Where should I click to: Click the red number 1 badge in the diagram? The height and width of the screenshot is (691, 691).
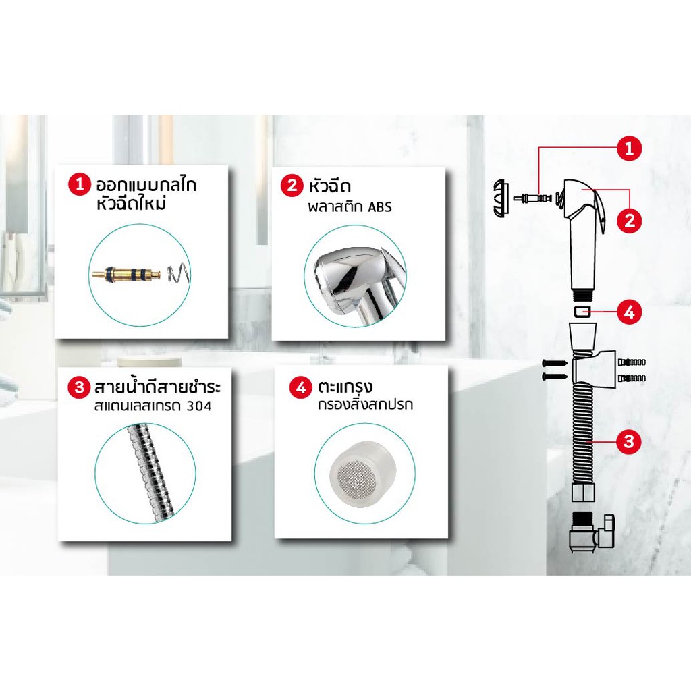(630, 148)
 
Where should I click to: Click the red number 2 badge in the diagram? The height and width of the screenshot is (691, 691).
(630, 219)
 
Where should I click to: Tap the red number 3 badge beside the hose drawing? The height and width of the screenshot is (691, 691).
(629, 440)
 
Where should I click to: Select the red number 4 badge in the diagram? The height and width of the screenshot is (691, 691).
(629, 312)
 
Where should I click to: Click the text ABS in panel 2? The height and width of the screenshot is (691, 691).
(379, 207)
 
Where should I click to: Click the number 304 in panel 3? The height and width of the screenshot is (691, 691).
(198, 406)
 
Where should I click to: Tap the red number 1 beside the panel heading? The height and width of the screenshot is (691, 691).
(80, 184)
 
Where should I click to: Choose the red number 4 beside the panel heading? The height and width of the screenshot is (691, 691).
(300, 388)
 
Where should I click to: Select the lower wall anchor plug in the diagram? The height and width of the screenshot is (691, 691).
(632, 379)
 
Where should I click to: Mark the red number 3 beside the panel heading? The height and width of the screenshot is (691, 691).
(80, 387)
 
